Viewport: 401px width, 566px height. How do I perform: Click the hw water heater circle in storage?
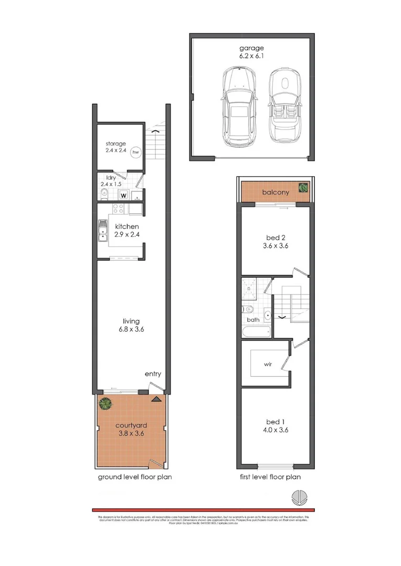[135, 152]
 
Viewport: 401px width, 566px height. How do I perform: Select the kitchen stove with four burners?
[118, 209]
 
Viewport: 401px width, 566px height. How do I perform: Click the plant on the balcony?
[303, 187]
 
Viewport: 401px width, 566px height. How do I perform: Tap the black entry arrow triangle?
[156, 399]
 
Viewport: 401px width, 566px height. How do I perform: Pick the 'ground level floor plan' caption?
[135, 477]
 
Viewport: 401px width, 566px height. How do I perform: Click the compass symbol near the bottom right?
[299, 498]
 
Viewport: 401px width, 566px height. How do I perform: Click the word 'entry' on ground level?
[153, 374]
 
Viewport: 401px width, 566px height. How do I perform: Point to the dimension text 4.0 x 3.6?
[276, 430]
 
